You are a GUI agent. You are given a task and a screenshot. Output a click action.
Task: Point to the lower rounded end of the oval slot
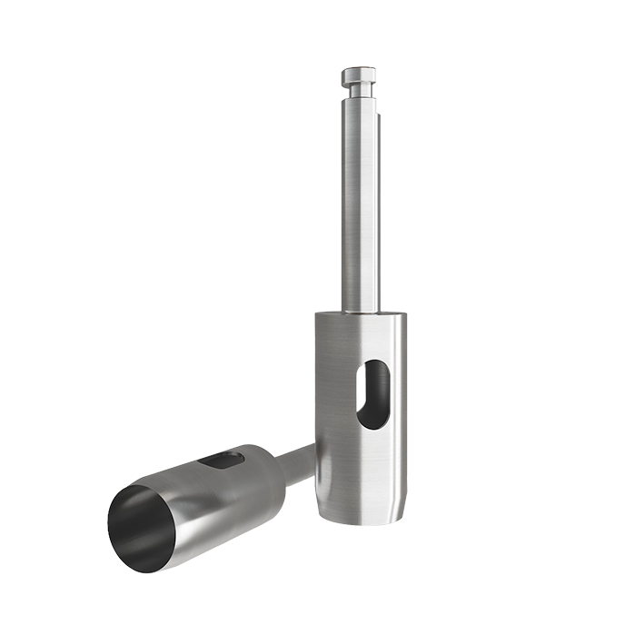tap(370, 421)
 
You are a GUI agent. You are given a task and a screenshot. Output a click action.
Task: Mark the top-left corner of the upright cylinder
tap(316, 314)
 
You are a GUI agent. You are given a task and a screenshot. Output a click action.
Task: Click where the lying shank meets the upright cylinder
tap(312, 446)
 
